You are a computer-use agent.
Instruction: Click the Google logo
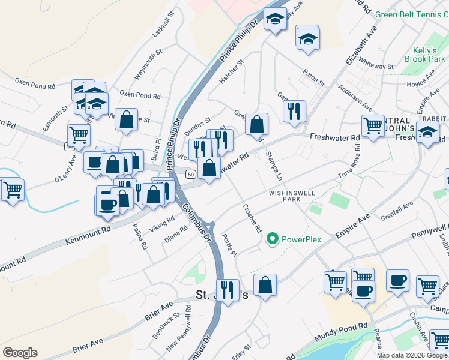(20, 353)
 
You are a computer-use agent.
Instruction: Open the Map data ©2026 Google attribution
(412, 355)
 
